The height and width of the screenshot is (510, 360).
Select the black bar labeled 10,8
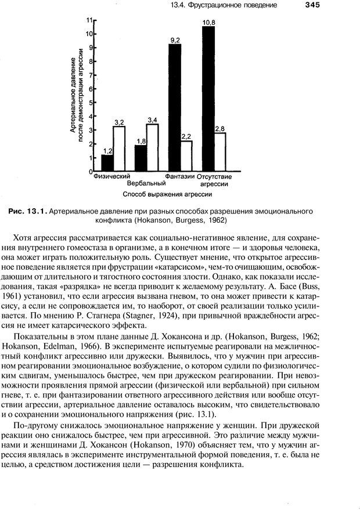pyautogui.click(x=208, y=99)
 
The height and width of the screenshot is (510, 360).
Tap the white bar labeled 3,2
pyautogui.click(x=118, y=149)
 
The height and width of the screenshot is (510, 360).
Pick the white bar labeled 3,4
pyautogui.click(x=152, y=148)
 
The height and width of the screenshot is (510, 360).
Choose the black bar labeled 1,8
pyautogui.click(x=141, y=158)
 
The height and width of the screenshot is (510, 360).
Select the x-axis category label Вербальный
pyautogui.click(x=142, y=183)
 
